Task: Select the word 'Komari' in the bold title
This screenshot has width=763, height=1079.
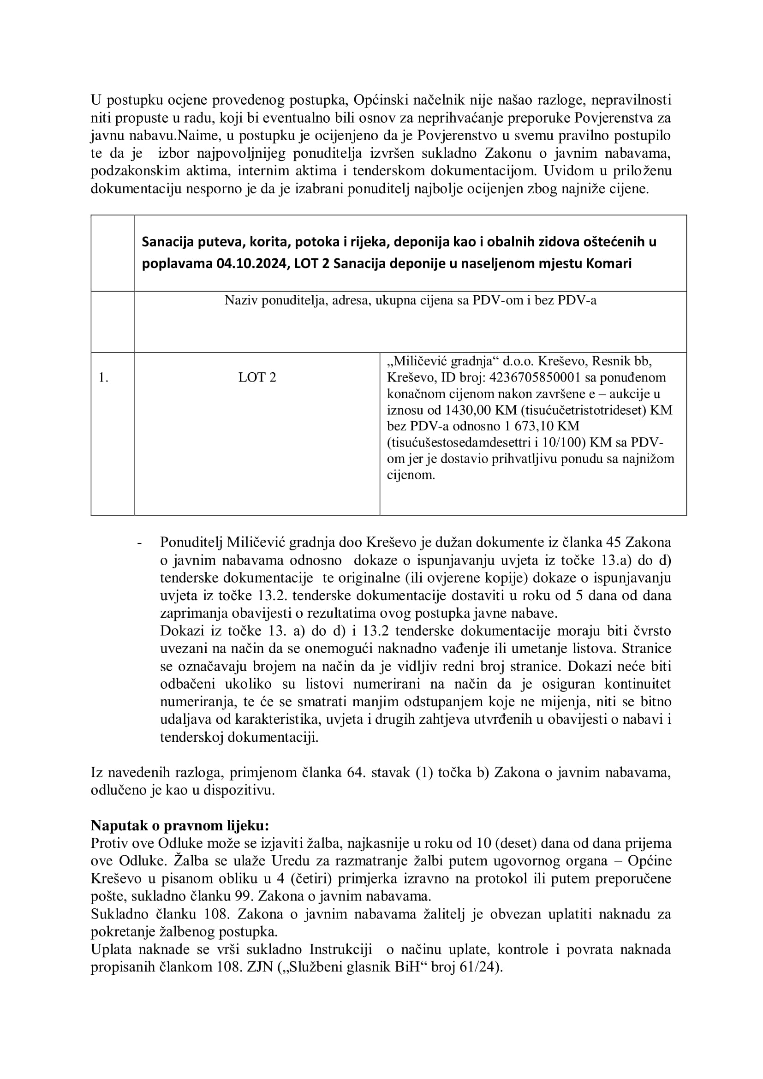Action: [x=608, y=264]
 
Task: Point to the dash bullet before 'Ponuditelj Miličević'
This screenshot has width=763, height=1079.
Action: [x=139, y=543]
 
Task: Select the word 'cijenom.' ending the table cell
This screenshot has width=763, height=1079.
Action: [x=411, y=475]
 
